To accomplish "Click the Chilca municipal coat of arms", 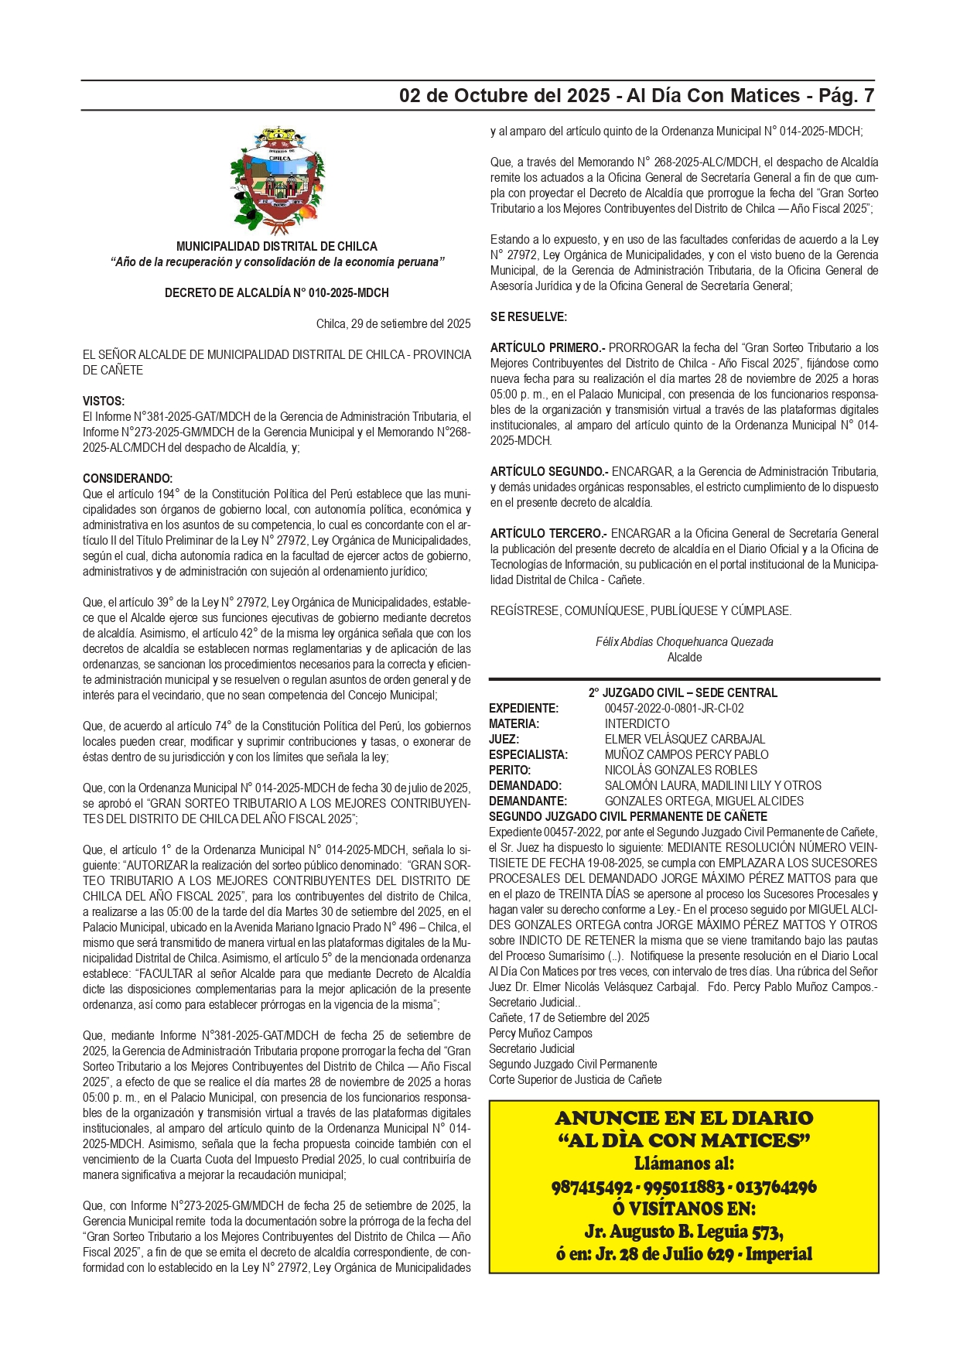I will pos(277,179).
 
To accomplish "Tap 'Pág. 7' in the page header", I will pos(846,96).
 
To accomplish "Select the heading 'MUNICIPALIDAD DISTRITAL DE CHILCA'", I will pos(277,246).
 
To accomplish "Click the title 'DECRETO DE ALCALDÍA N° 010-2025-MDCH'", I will pos(277,292).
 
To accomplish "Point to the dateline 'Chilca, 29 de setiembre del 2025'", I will pos(393,323).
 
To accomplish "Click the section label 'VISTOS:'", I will pos(104,401).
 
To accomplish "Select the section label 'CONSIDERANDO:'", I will pos(128,478).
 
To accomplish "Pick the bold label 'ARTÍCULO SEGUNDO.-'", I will pos(549,471).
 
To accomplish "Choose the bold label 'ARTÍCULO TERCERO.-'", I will pos(548,533).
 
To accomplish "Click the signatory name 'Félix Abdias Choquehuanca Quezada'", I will pos(684,641).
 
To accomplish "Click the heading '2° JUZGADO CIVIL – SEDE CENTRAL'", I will pos(683,692).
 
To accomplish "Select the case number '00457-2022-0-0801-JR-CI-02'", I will pos(674,708).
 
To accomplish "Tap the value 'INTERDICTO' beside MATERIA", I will pos(637,723).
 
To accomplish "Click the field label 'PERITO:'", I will pos(510,770).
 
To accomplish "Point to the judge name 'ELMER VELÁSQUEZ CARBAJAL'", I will pos(685,739).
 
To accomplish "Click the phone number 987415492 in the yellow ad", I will pos(592,1187).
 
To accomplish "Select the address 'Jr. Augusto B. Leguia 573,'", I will pos(684,1231).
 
